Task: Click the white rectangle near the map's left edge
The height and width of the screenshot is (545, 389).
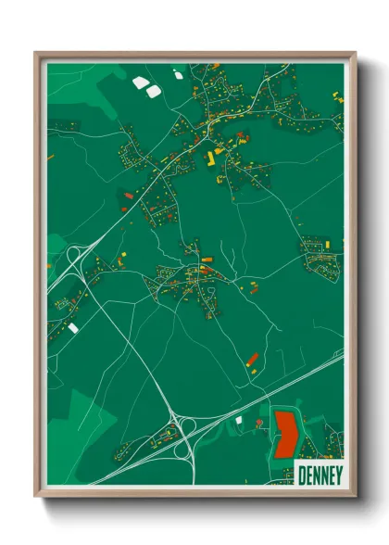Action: click(73, 327)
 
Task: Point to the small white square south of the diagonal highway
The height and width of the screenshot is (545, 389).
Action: click(238, 420)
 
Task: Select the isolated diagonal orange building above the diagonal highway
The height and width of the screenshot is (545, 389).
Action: click(252, 359)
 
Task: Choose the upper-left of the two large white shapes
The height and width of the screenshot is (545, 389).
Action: click(140, 82)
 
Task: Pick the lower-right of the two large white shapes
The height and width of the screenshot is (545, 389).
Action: click(153, 90)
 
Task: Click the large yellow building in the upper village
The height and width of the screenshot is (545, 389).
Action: click(209, 159)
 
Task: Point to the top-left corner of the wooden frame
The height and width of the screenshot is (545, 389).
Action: click(38, 55)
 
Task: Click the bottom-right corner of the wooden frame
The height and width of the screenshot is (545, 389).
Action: click(354, 497)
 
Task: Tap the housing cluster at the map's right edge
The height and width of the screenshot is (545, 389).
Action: click(322, 250)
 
